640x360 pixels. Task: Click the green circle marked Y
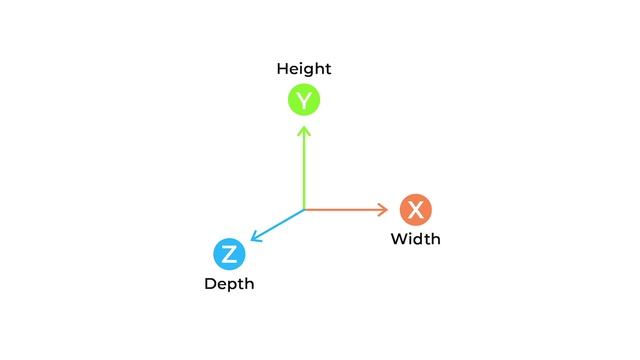304,100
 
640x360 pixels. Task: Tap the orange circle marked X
415,210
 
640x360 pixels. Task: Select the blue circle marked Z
229,254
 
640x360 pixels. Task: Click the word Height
304,69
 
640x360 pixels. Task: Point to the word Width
415,239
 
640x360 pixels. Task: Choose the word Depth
229,284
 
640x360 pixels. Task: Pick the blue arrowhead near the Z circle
255,238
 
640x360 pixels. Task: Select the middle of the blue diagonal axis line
279,224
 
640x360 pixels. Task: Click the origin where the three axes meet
304,210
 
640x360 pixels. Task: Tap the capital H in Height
282,69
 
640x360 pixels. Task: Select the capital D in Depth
210,284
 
